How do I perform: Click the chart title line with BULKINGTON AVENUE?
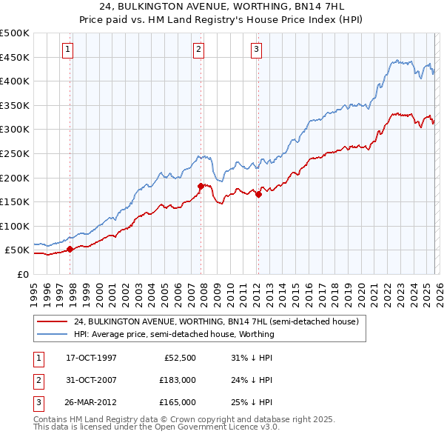[x=221, y=7]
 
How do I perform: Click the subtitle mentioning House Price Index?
[x=221, y=19]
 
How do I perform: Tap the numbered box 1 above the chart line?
[x=67, y=50]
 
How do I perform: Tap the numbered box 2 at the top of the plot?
[x=199, y=50]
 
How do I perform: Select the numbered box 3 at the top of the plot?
[x=256, y=50]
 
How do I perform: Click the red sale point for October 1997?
[x=70, y=249]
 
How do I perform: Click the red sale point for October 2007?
[x=201, y=186]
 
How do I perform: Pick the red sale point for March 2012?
[x=258, y=195]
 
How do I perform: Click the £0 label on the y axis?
[x=23, y=274]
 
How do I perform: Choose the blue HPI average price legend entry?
[x=174, y=334]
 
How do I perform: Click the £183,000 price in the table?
[x=177, y=380]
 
